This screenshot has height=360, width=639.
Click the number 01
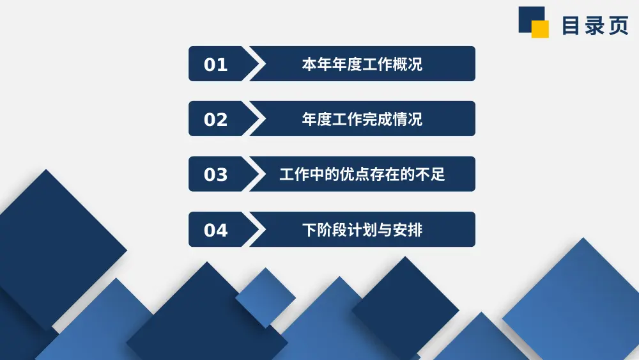coord(215,65)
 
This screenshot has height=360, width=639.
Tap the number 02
coord(215,120)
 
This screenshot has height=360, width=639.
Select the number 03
coord(215,175)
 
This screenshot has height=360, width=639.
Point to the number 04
coord(215,230)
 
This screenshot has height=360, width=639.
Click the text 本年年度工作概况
coord(362,65)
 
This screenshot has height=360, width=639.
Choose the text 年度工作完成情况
coord(362,120)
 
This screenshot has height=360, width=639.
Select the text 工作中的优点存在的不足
coord(362,175)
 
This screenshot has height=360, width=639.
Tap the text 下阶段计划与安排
coord(362,230)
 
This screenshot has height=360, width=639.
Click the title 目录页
coord(594,26)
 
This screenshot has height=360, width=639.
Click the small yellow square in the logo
coord(541,29)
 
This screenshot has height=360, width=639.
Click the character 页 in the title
coord(618,26)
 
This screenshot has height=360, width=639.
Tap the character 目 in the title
coord(571,26)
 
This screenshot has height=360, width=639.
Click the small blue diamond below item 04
coord(265,298)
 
